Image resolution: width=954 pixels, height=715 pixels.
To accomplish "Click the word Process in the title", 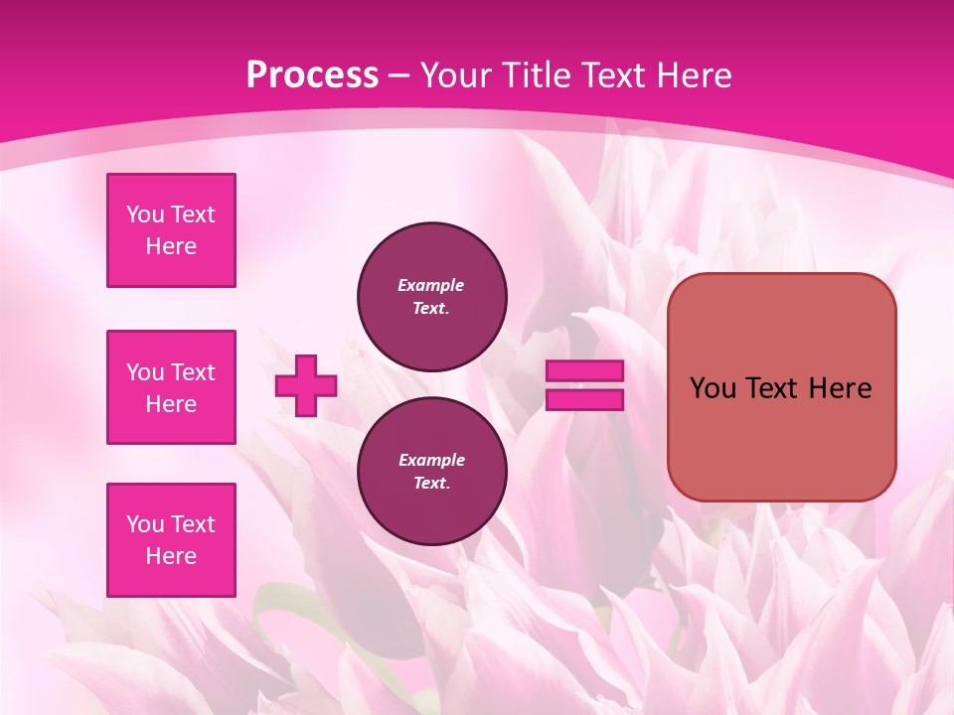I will [x=312, y=75].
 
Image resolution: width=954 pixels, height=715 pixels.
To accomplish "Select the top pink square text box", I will [x=171, y=230].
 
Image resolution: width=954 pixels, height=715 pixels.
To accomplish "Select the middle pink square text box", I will [x=171, y=387].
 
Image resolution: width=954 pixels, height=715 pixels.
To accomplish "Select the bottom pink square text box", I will [x=171, y=540].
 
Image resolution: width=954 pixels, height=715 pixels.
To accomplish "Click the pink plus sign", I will [x=306, y=385].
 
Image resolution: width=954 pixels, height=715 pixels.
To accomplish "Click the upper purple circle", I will [x=432, y=297].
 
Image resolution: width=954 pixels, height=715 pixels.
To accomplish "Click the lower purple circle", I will [x=432, y=472].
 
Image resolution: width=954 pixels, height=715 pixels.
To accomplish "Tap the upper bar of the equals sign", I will [x=585, y=371].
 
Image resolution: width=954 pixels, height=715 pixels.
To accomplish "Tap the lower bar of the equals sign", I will [x=585, y=400].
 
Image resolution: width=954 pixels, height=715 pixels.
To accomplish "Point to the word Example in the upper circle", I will [x=430, y=285].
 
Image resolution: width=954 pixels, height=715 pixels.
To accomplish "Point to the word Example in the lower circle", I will [x=431, y=460].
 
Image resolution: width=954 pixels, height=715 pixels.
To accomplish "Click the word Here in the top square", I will [x=171, y=246].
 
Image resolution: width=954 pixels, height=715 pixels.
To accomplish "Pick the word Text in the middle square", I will [x=193, y=372].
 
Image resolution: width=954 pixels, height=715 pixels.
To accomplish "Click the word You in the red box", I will [x=713, y=388].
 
